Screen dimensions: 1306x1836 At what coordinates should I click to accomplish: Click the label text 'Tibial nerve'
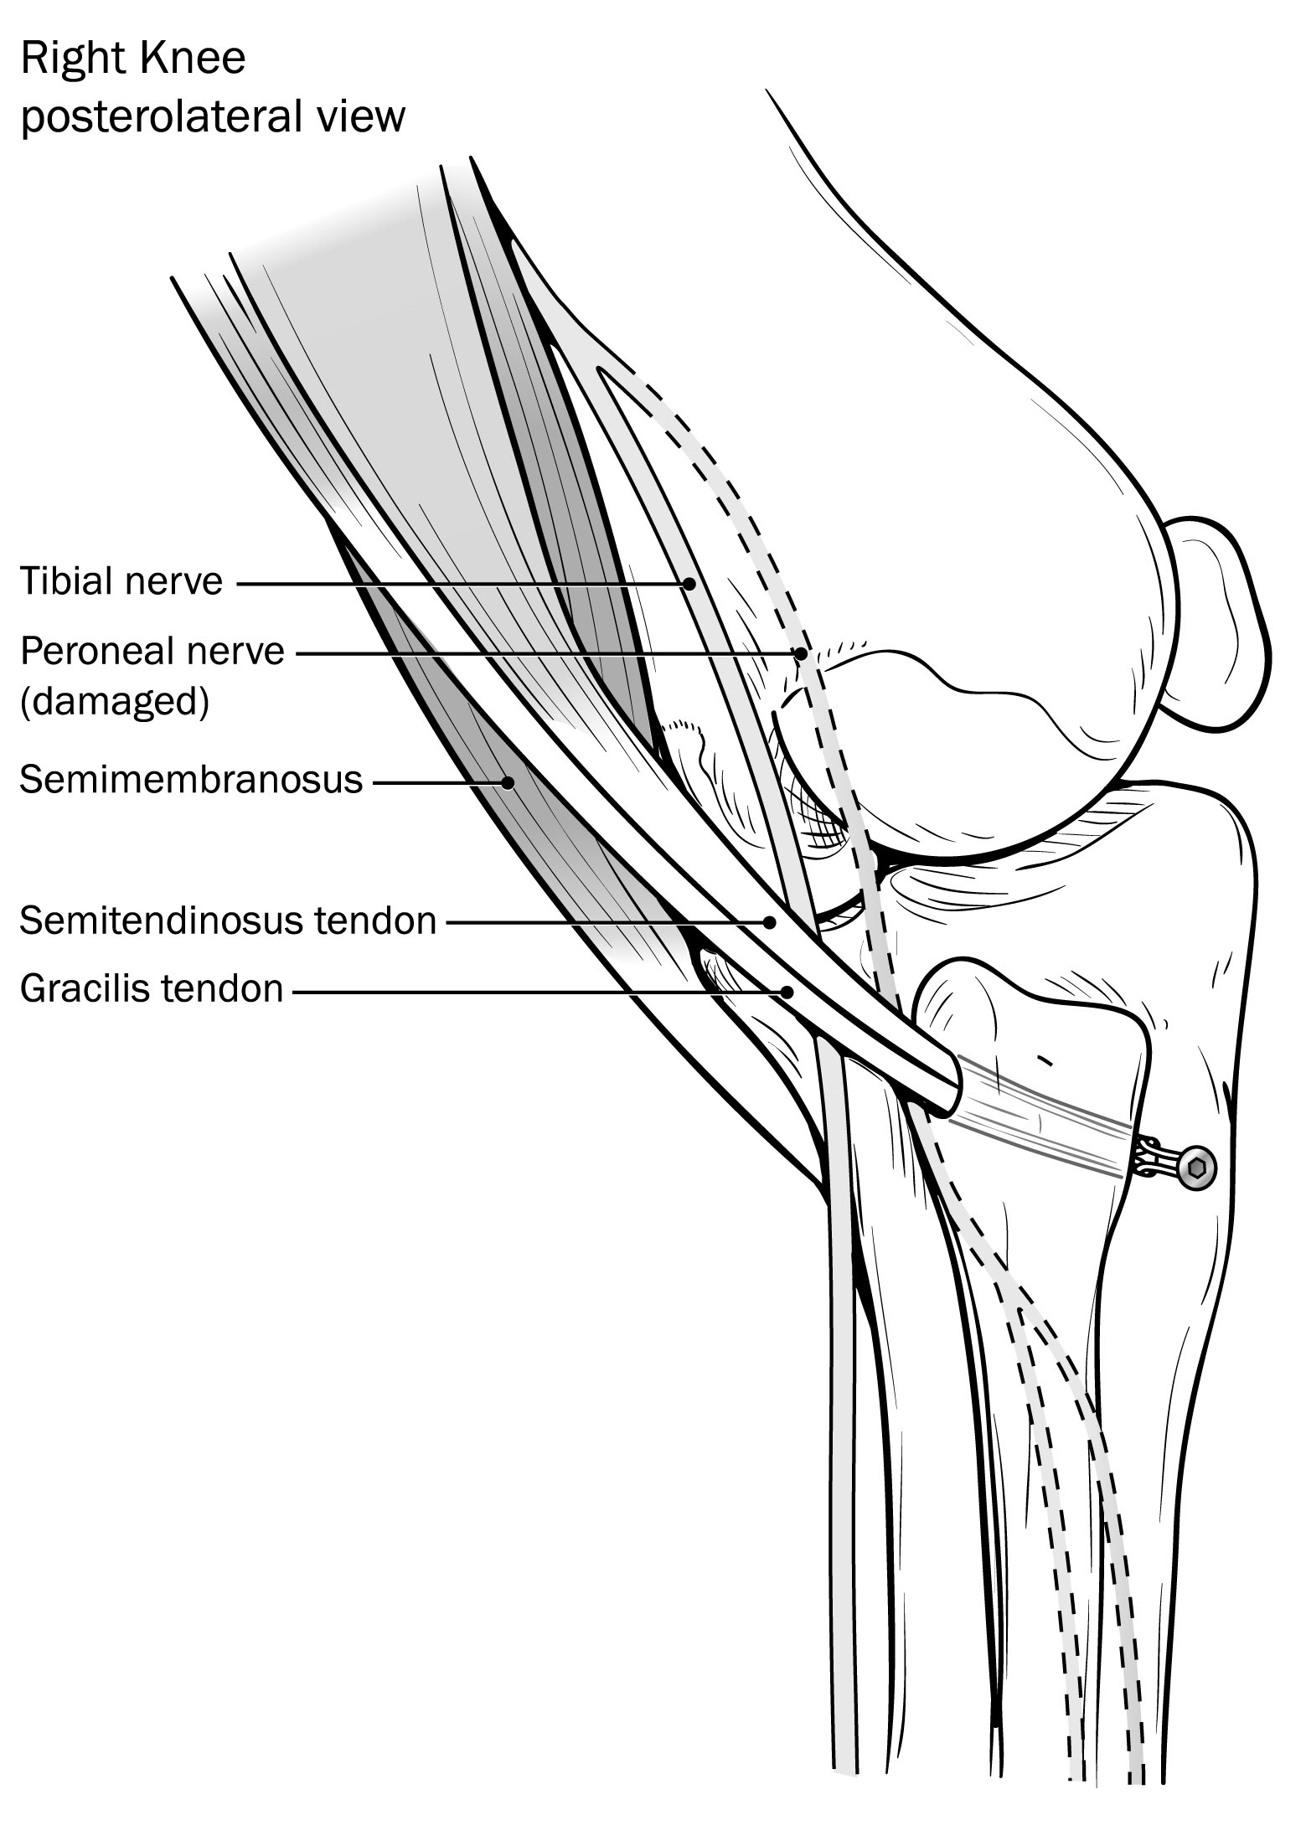[x=121, y=581]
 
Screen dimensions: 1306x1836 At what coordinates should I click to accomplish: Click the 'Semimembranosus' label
[x=191, y=781]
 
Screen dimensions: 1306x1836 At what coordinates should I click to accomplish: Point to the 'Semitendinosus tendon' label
[x=228, y=921]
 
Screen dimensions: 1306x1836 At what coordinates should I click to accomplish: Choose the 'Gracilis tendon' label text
[x=152, y=989]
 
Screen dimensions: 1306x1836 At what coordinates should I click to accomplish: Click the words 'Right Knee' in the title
[x=133, y=59]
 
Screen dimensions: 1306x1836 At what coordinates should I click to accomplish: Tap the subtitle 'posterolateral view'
[x=213, y=117]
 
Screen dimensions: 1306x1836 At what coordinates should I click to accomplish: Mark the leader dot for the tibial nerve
[x=689, y=583]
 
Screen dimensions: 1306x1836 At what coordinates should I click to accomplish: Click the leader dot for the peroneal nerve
[x=801, y=653]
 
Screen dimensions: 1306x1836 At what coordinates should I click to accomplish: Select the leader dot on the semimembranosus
[x=507, y=783]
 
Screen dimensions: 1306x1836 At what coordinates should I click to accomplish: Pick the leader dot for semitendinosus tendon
[x=769, y=922]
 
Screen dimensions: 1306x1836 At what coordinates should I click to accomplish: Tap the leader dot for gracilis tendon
[x=786, y=992]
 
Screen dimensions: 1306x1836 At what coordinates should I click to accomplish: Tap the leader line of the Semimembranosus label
[x=436, y=783]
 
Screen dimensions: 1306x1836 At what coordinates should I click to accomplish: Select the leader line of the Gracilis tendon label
[x=536, y=992]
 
